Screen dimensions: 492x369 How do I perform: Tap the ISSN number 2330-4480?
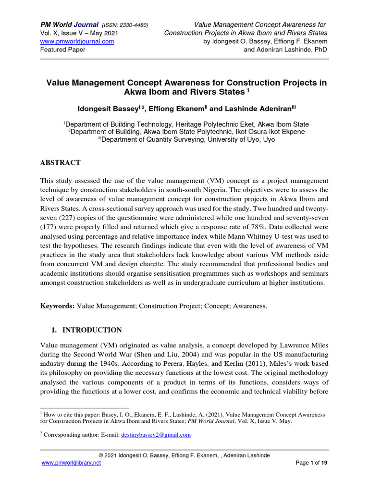(131, 25)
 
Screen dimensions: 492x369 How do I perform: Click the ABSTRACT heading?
(61, 163)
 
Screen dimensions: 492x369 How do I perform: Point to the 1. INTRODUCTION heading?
(86, 330)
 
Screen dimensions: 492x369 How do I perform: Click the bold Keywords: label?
(57, 306)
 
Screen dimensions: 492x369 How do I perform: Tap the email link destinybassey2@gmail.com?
(155, 435)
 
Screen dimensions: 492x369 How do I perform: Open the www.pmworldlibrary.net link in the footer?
(72, 463)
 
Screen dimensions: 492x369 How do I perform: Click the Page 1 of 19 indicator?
(310, 463)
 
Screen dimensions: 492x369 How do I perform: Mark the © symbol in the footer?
(101, 455)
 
